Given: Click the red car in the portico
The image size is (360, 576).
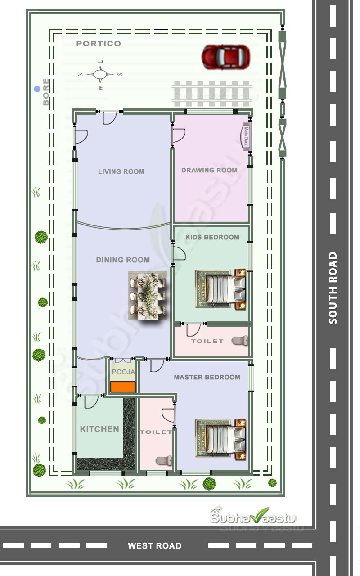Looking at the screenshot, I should pos(226,57).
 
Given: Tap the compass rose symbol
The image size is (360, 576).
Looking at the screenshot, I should pos(100,74).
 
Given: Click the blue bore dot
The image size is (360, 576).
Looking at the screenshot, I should pos(37,90).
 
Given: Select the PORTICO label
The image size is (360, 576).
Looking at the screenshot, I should pos(99,44).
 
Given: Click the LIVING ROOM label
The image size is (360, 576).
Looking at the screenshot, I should pos(121,171).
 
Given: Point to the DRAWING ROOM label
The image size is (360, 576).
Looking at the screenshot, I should pos(209,170).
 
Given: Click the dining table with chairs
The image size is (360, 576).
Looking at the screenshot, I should pos(148,295).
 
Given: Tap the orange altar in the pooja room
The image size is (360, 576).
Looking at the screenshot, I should pos(123,387).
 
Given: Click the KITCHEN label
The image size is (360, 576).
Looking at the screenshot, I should pos(99,429).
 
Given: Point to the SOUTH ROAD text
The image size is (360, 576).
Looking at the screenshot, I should pos(333,288).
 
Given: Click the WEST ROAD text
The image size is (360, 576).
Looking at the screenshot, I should pos(154,546).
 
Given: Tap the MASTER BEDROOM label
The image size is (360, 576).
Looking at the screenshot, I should pos(207,377).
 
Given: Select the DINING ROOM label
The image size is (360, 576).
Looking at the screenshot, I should pos(123,260).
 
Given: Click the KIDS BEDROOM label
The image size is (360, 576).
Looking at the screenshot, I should pos(212,237).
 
